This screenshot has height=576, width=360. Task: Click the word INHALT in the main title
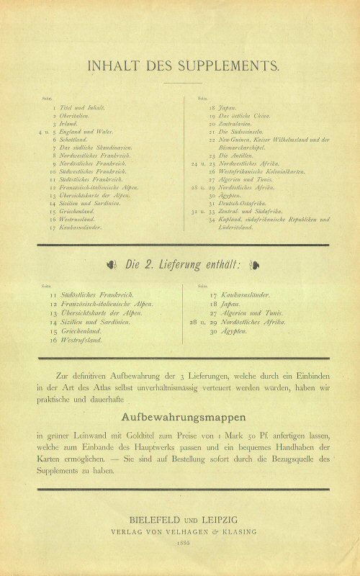(x=110, y=66)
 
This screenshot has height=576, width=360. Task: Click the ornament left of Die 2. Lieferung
(x=111, y=264)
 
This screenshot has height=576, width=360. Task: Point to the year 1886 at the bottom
(x=180, y=546)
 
